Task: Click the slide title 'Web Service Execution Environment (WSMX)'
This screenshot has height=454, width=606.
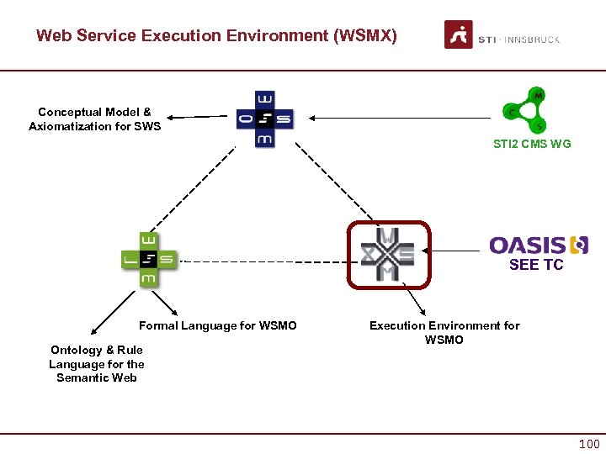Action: (x=216, y=36)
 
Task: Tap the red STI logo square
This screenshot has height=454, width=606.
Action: (x=459, y=35)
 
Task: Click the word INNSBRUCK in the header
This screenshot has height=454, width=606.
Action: (x=533, y=40)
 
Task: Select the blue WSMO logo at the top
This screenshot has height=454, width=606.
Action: (x=265, y=119)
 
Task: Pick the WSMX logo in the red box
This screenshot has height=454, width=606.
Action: (x=388, y=254)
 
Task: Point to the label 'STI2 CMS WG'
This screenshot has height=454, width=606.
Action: (x=532, y=144)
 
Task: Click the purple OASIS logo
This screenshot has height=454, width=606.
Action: (x=539, y=245)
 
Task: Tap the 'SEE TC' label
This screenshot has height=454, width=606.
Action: (x=536, y=265)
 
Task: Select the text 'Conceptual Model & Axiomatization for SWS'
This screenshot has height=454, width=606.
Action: (x=94, y=119)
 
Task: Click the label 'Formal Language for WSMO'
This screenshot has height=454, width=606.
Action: (x=218, y=325)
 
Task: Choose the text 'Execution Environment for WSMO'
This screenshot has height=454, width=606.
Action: (x=444, y=332)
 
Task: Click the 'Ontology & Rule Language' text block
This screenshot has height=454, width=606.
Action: (x=96, y=363)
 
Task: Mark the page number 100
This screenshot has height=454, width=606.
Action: (x=589, y=443)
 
